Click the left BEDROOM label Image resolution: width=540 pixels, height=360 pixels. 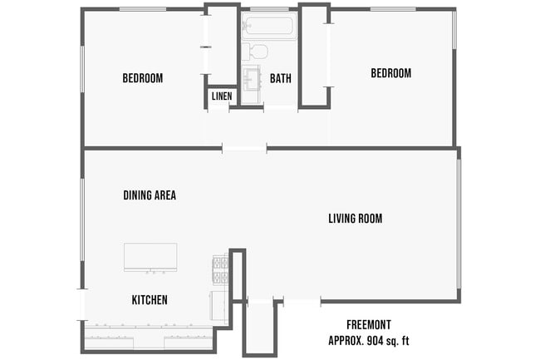coord(142,78)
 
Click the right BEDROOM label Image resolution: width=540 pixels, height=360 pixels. coord(390,73)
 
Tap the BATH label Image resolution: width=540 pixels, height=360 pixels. coord(280,79)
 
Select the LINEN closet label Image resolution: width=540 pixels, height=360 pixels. coord(221,96)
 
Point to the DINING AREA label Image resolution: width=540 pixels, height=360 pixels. coord(150,195)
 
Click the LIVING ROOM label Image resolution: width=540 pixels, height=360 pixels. coord(355,219)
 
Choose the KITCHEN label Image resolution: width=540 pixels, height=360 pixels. coord(150,299)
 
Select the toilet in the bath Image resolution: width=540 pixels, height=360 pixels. coord(258,52)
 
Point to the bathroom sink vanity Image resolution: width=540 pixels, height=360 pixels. coord(252,79)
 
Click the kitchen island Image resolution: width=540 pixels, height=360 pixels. coord(150,257)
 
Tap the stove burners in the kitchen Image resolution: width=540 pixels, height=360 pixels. coord(220,271)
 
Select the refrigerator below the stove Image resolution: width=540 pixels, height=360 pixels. coord(219,306)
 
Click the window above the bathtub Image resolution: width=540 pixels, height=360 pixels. coord(268,9)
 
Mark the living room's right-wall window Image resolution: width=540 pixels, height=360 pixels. coord(458,224)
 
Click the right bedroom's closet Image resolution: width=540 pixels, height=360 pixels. coord(314,56)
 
